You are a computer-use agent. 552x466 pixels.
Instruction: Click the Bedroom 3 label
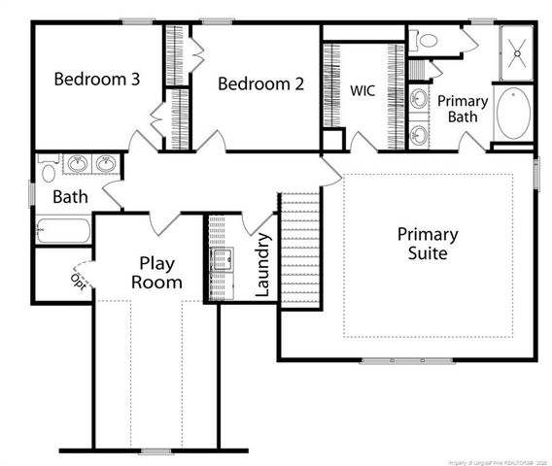(x=95, y=80)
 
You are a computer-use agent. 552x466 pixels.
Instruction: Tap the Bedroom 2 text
(x=260, y=84)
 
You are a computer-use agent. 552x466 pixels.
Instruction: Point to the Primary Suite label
(x=428, y=244)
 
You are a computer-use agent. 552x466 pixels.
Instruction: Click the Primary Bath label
(x=462, y=109)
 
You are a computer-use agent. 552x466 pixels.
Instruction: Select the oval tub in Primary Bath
(x=513, y=114)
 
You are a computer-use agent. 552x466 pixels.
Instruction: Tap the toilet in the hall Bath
(x=49, y=172)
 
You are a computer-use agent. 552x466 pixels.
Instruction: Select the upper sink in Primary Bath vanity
(x=420, y=99)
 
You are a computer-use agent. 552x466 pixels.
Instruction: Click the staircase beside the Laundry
(x=299, y=248)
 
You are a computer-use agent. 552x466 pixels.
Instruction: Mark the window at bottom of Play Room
(x=155, y=451)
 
